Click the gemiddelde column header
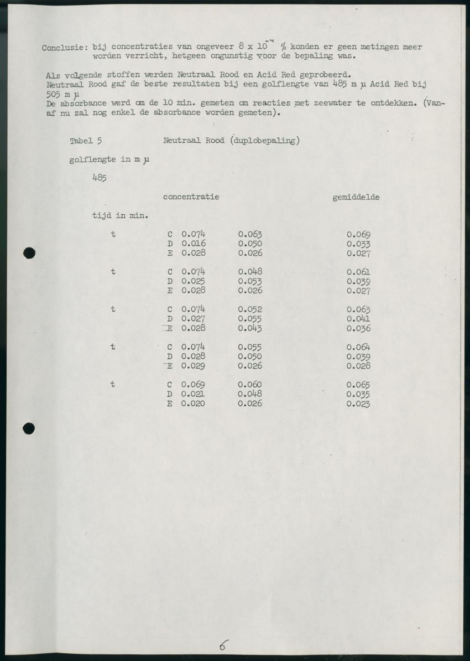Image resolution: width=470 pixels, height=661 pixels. click(x=356, y=197)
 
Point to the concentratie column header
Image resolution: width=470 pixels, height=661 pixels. click(x=191, y=197)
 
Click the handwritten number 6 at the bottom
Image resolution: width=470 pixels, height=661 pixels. click(x=224, y=645)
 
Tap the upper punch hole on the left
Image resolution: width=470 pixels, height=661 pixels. click(x=29, y=254)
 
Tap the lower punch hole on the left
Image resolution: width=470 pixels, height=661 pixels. click(x=29, y=427)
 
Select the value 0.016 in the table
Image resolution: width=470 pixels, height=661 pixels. click(x=194, y=244)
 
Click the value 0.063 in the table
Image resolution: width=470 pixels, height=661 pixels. click(x=250, y=234)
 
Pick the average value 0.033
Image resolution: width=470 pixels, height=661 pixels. click(x=358, y=244)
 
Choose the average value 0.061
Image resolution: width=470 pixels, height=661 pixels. click(x=358, y=272)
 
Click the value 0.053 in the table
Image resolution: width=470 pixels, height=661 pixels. click(x=250, y=281)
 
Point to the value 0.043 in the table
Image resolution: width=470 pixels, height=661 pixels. click(x=250, y=328)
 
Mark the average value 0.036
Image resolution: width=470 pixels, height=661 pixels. click(x=358, y=329)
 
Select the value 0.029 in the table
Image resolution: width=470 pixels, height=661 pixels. click(x=194, y=366)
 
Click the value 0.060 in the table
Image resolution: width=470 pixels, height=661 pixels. click(x=250, y=385)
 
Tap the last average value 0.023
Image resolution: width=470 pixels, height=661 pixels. click(x=358, y=404)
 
